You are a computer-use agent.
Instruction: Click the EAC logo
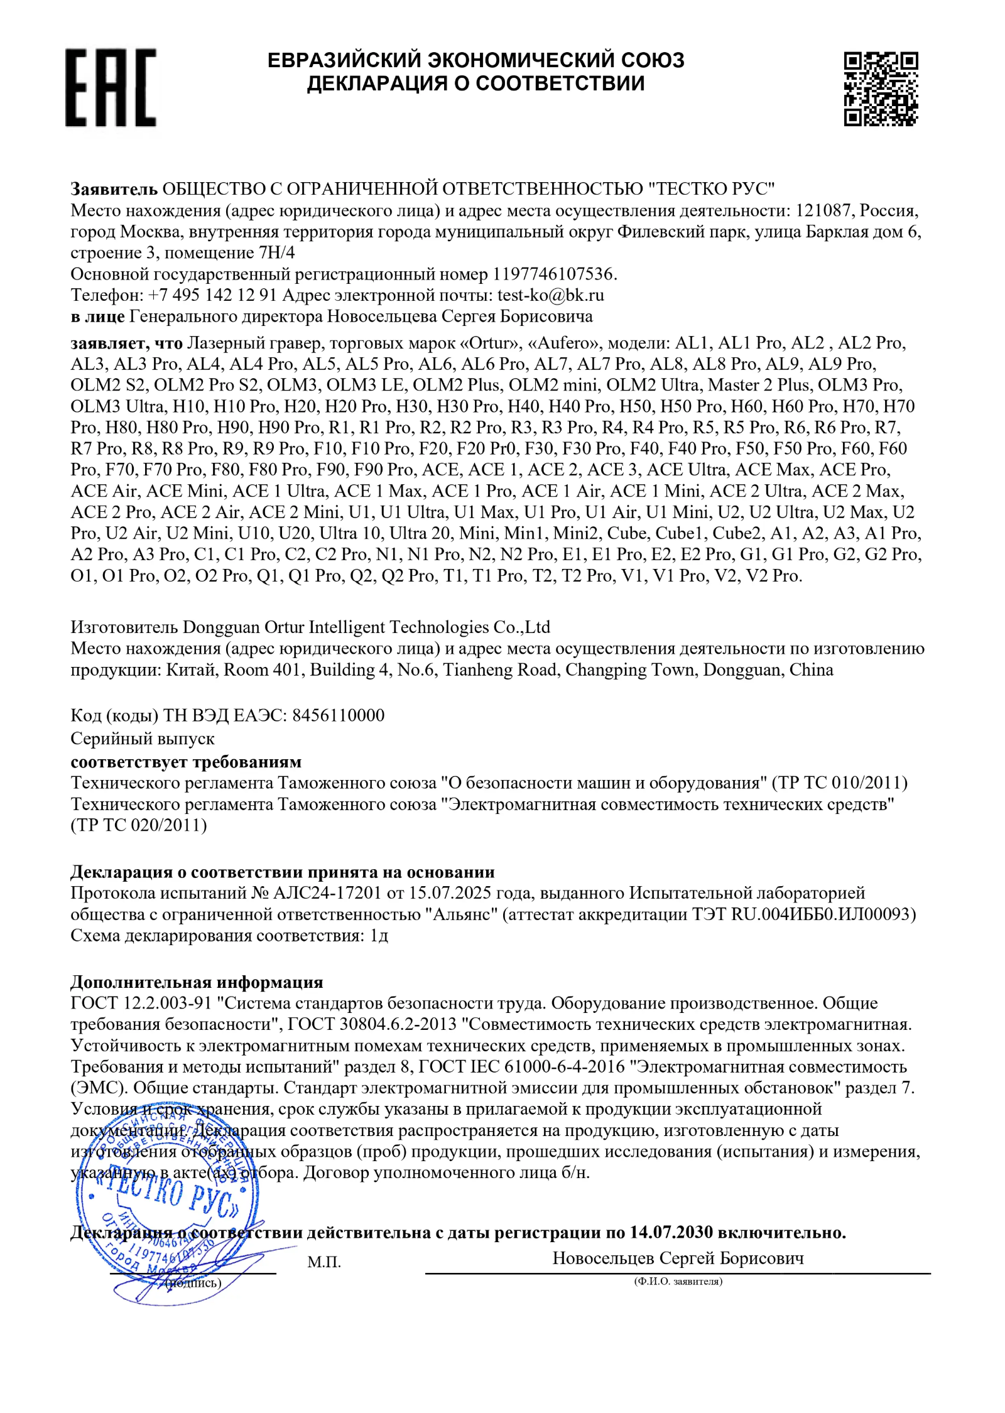111,88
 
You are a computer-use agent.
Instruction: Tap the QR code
880,89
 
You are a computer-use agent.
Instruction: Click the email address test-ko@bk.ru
550,295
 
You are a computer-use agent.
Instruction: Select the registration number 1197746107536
552,274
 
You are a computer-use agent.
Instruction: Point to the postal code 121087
824,210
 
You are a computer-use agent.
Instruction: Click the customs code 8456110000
339,715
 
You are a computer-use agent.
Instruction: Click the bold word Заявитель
114,189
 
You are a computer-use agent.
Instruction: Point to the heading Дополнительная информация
197,982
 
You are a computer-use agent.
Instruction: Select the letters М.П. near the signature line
324,1262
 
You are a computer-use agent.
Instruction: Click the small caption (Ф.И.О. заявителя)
678,1282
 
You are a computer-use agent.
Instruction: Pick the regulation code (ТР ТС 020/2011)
139,825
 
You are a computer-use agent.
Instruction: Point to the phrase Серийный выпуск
143,739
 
